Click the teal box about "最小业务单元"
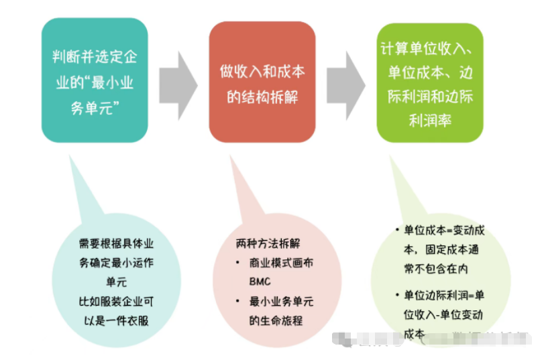(x=94, y=80)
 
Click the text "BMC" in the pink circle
(x=260, y=282)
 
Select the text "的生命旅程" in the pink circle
(x=276, y=320)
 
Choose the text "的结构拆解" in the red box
(x=262, y=97)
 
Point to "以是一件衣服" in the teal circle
(x=113, y=320)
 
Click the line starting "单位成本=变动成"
(x=443, y=231)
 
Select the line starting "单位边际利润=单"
(x=443, y=296)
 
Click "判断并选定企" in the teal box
(x=95, y=56)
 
